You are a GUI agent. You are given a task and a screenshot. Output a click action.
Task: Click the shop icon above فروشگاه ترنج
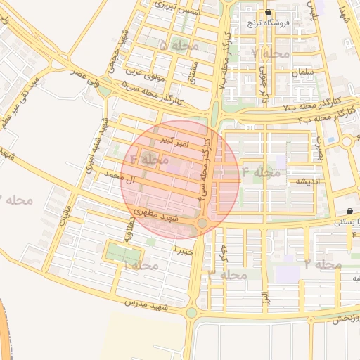tap(268, 13)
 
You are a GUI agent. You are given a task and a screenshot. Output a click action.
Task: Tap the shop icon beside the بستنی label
tap(350, 212)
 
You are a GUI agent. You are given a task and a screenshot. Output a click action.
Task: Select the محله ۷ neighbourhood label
tap(270, 54)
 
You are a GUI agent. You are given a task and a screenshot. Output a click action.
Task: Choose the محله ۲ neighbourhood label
tap(323, 264)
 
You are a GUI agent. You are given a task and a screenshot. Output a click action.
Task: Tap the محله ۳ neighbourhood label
tap(228, 275)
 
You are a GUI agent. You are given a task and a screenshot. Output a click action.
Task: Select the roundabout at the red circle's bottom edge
tap(202, 224)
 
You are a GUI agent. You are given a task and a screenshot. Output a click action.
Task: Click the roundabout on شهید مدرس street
tap(191, 313)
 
